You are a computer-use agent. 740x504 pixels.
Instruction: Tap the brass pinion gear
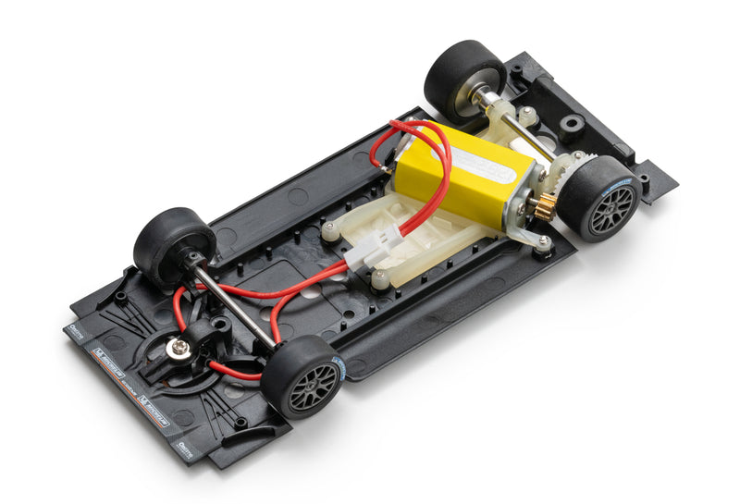pyautogui.click(x=544, y=206)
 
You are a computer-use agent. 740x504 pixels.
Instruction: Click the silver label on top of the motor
pyautogui.click(x=486, y=166)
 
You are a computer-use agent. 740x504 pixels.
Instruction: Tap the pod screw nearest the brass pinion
pyautogui.click(x=543, y=242)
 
